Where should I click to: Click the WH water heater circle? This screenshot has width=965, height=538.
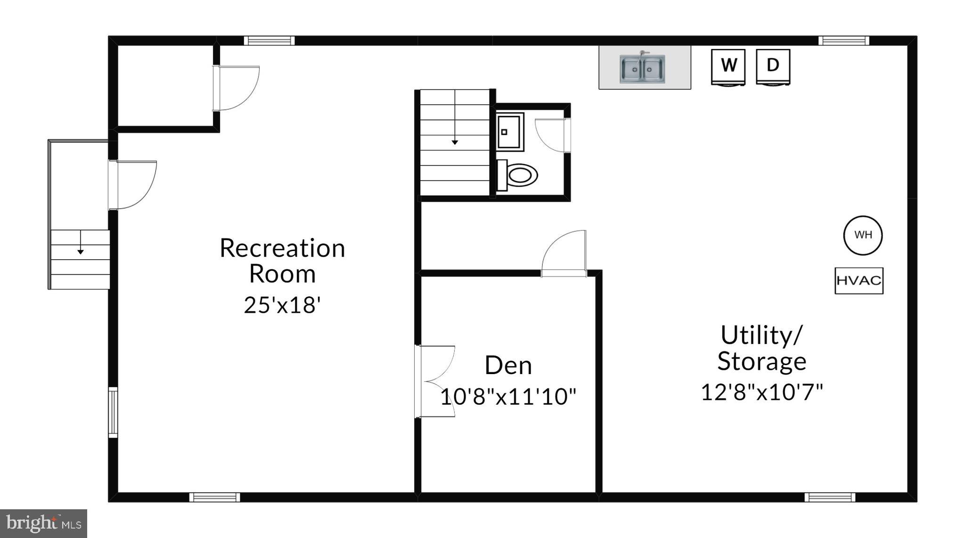click(863, 235)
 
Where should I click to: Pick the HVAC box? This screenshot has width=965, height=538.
click(859, 281)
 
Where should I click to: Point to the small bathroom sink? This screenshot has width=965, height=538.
click(510, 131)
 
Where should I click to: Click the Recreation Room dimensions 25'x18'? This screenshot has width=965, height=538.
click(282, 305)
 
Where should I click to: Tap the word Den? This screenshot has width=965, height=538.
click(508, 366)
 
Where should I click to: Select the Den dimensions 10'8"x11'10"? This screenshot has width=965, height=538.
click(508, 397)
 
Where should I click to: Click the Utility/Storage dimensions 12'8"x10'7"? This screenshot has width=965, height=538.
click(761, 392)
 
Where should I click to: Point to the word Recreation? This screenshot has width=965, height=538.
click(282, 248)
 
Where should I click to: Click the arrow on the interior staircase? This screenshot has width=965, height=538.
click(455, 141)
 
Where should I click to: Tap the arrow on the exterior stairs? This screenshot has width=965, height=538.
click(81, 252)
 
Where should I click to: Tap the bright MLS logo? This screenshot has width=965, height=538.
click(43, 523)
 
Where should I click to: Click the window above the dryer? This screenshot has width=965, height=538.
click(843, 41)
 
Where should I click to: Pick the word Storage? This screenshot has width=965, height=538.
click(761, 361)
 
